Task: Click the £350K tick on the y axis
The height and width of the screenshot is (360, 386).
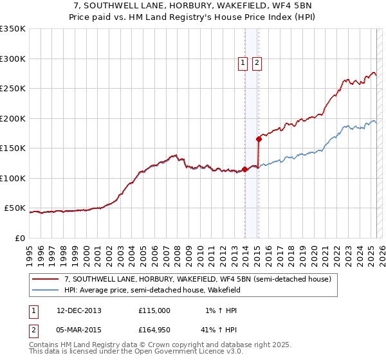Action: click(13, 29)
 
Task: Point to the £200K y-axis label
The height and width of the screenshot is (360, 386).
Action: click(13, 118)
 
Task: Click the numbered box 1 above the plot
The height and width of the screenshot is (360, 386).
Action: click(243, 62)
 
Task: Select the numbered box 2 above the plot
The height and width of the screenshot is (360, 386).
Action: click(257, 62)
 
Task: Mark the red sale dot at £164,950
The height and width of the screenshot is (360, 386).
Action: click(259, 138)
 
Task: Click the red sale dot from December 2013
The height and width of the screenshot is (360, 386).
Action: click(244, 170)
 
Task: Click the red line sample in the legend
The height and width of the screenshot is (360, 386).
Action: click(46, 279)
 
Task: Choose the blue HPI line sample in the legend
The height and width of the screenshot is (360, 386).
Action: click(46, 290)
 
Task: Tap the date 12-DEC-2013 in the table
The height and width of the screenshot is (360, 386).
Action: click(79, 310)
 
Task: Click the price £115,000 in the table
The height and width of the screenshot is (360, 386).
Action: click(154, 310)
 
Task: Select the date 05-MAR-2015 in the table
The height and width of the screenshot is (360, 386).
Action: click(79, 331)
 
